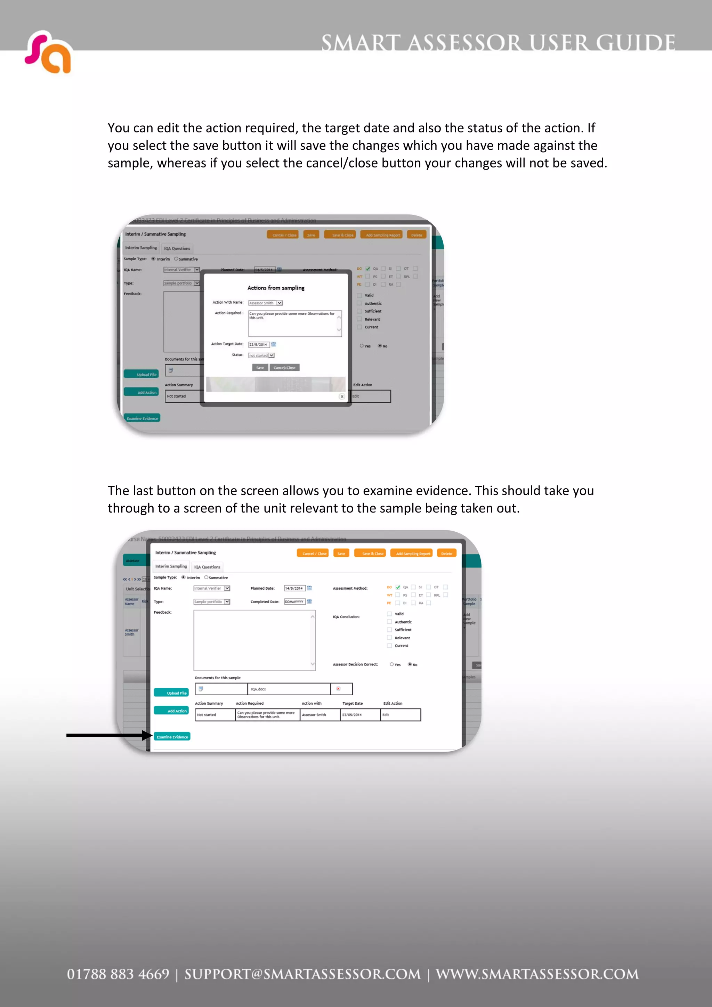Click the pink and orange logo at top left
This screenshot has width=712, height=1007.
[48, 52]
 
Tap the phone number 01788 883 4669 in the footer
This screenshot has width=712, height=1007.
[118, 974]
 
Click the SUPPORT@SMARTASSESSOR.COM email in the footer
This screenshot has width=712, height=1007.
[302, 974]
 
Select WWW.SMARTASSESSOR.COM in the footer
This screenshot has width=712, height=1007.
[537, 974]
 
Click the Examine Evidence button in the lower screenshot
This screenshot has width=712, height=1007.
[172, 737]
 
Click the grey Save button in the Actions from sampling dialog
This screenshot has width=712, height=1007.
[260, 368]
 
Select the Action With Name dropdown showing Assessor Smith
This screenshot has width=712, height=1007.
[265, 303]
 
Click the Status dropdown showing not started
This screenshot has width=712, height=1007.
[261, 355]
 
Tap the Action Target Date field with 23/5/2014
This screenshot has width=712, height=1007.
[259, 344]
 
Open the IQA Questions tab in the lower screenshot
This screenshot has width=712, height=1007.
[207, 567]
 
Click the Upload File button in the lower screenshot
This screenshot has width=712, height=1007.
[171, 693]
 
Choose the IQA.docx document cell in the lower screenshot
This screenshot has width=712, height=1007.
[288, 689]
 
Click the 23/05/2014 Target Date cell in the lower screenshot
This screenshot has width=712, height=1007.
[360, 715]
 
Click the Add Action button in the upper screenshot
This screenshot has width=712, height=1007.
[141, 392]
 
